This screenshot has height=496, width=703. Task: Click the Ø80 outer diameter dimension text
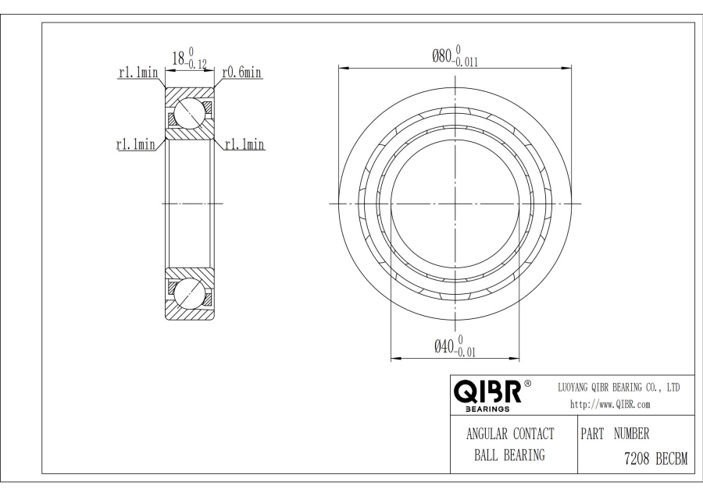tap(455, 56)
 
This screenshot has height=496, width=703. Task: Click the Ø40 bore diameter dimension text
tap(455, 346)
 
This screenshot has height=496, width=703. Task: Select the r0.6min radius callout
tap(241, 72)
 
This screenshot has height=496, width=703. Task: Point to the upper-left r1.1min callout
tap(138, 72)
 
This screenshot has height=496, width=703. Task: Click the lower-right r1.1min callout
tap(244, 144)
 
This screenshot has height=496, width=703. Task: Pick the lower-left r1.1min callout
tap(135, 144)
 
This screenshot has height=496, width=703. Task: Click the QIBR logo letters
tap(488, 391)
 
